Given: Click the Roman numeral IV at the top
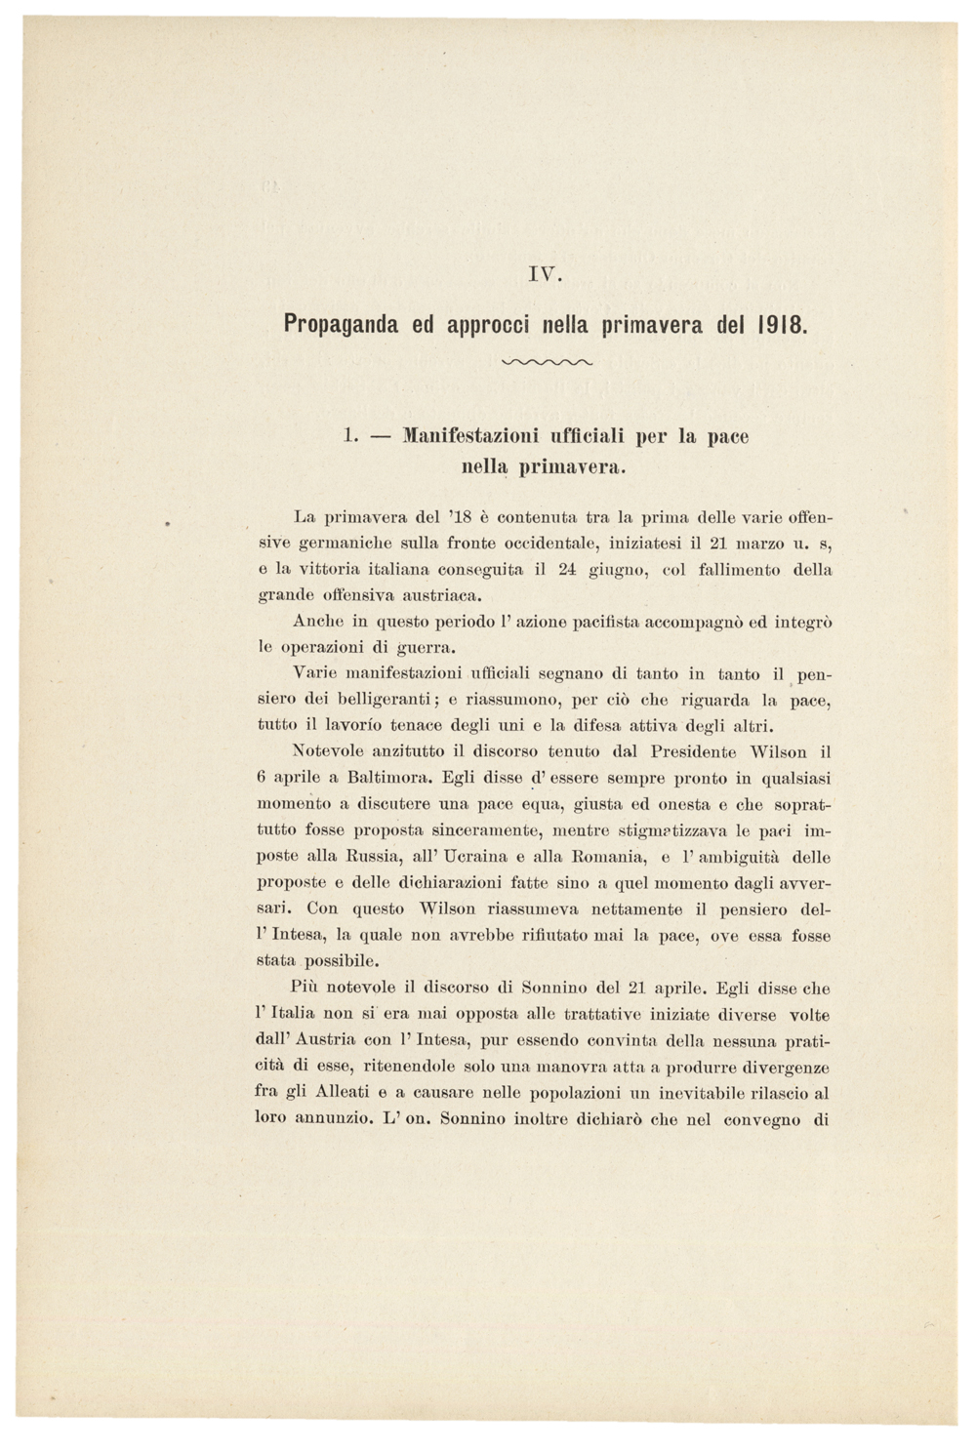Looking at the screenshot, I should pos(545,275).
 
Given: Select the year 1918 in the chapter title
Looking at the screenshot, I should pos(782,323).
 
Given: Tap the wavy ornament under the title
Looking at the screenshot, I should pos(546,363).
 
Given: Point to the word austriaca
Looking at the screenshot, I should pos(430,594).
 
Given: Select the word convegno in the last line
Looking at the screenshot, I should pos(759,1119).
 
